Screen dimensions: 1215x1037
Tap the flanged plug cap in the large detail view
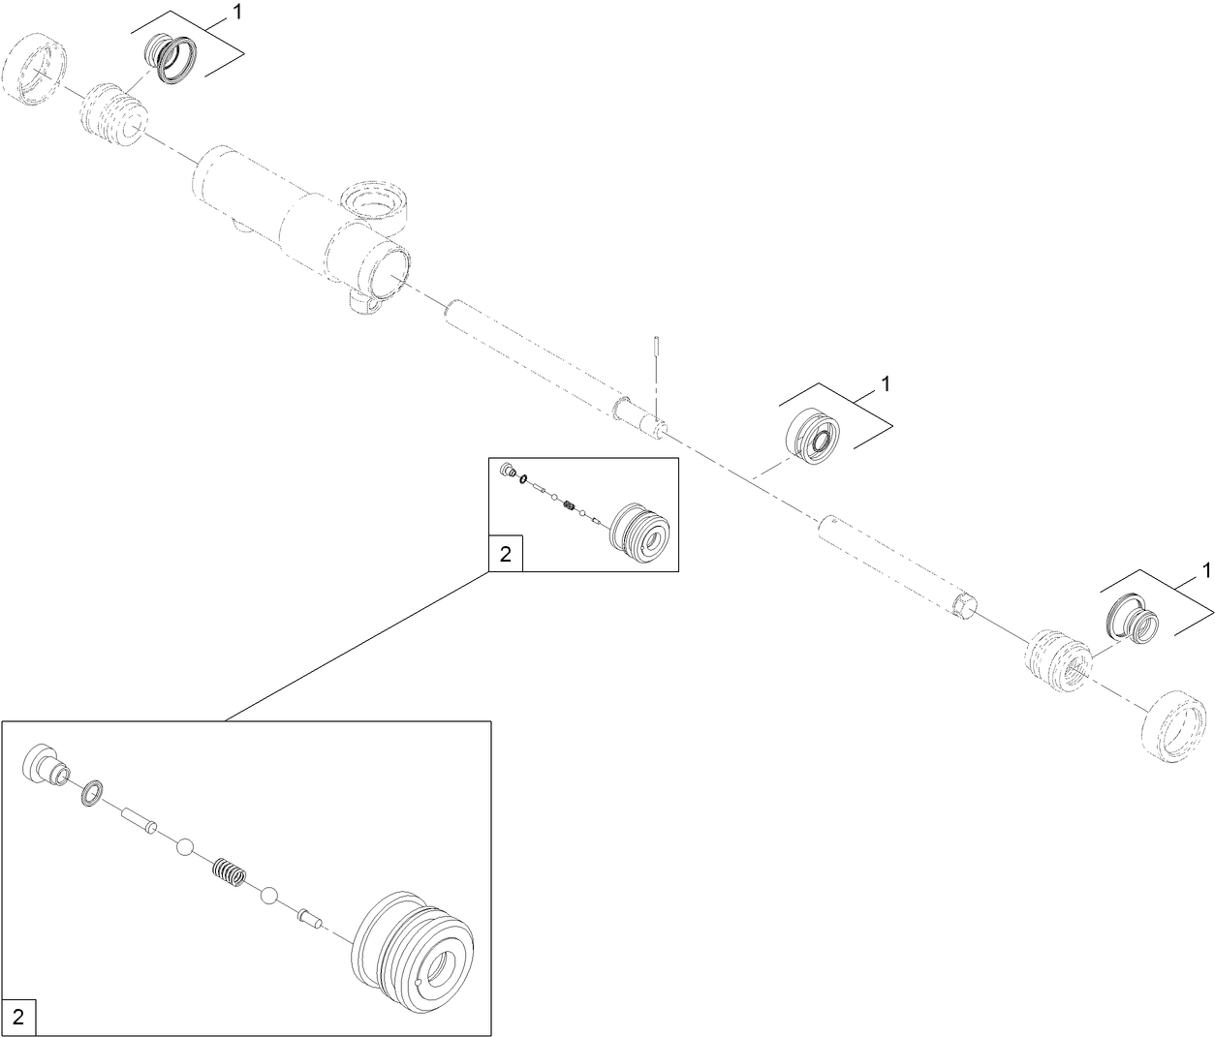pyautogui.click(x=45, y=762)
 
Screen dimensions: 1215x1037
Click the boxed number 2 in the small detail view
pyautogui.click(x=505, y=554)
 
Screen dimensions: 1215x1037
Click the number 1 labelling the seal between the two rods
pyautogui.click(x=885, y=384)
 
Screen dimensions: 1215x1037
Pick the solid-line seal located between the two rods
pyautogui.click(x=816, y=439)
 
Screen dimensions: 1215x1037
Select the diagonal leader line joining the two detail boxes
pyautogui.click(x=357, y=646)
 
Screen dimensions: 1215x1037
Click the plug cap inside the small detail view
pyautogui.click(x=505, y=471)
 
